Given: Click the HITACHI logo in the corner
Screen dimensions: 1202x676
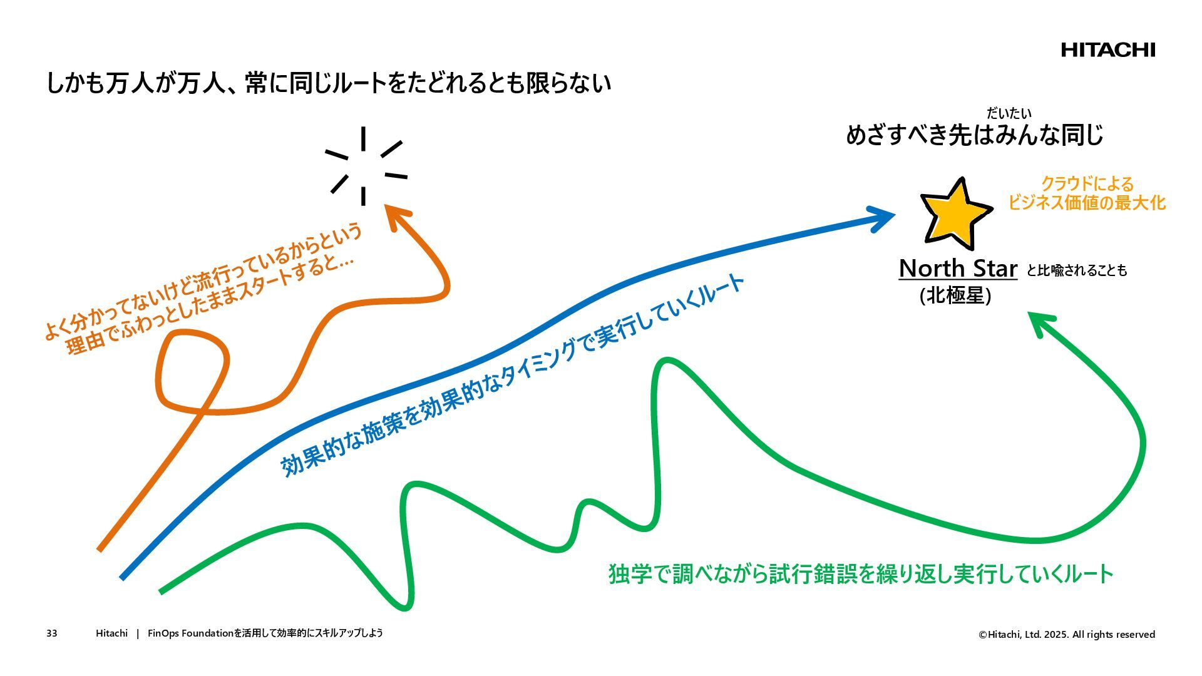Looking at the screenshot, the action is [1107, 50].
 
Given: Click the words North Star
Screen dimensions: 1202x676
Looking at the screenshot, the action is [957, 269].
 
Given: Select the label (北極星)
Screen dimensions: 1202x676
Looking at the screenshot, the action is [955, 295].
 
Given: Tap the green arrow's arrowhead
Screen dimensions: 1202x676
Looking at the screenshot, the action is [1040, 322].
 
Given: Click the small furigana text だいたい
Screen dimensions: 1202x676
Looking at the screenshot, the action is [1009, 113].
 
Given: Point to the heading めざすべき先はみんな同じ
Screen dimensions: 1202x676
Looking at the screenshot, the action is [974, 135].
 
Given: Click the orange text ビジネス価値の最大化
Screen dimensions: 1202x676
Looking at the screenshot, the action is [1087, 203].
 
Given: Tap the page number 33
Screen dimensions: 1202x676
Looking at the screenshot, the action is [51, 633].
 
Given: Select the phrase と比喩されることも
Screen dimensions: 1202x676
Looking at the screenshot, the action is [1076, 270].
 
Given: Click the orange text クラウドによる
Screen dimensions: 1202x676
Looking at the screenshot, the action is [1087, 184].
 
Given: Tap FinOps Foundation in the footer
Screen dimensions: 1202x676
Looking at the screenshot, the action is [190, 633].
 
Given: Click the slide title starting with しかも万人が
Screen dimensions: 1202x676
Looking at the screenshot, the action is [328, 83].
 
